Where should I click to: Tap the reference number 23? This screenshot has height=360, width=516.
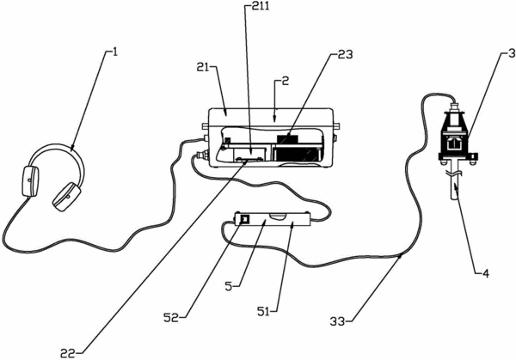345,55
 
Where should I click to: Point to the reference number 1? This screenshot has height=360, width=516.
115,52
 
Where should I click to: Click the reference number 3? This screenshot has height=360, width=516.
512,54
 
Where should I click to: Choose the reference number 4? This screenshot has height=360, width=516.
486,272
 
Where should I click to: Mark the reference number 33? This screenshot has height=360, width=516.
338,321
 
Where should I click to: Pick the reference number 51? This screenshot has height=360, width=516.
263,312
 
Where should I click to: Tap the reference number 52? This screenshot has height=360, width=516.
171,318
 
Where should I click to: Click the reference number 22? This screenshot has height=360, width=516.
68,353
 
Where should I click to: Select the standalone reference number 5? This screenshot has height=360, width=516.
229,286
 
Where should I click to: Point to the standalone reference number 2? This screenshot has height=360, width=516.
285,81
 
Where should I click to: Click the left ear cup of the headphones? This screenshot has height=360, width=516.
31,181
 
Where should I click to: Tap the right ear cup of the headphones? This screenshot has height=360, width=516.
67,197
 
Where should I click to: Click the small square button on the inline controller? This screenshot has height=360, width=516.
245,218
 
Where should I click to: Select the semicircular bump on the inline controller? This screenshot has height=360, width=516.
278,216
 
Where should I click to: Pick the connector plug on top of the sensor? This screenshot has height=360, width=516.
455,107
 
